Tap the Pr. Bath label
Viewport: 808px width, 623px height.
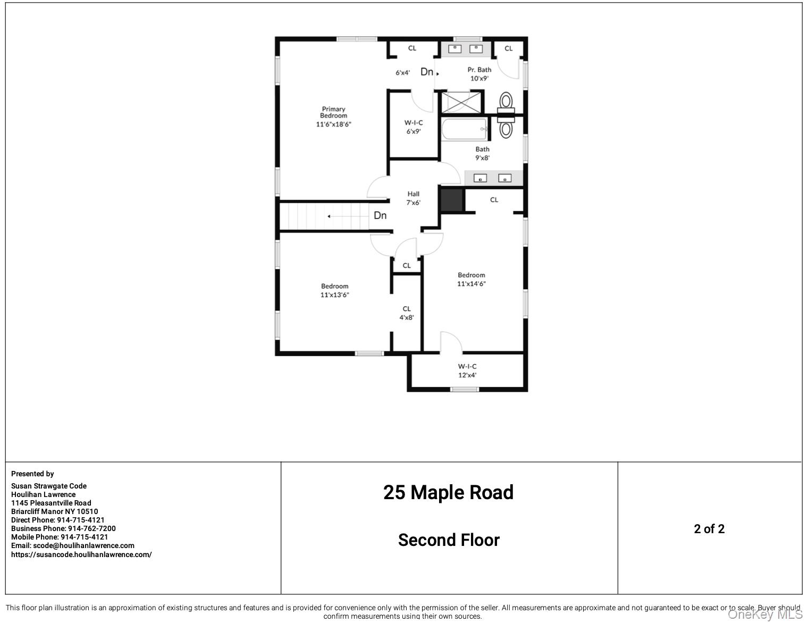(x=479, y=70)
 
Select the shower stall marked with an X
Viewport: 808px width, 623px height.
(x=461, y=102)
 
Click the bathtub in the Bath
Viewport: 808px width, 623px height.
(x=464, y=129)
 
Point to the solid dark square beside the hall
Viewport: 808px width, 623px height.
(x=452, y=199)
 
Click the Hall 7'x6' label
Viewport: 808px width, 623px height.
(x=414, y=198)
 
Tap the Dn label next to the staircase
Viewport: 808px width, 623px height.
(x=380, y=215)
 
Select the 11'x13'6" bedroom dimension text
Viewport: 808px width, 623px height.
(x=334, y=295)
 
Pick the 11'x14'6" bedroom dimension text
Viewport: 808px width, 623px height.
(x=472, y=284)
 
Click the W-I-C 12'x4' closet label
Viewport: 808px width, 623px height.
(x=467, y=371)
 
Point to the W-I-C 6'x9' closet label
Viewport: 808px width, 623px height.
(x=414, y=127)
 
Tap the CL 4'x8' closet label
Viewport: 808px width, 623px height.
(x=407, y=313)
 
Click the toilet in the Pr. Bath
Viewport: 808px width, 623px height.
(x=506, y=100)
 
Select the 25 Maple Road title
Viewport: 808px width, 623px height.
(x=448, y=493)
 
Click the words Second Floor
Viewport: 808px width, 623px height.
(x=449, y=540)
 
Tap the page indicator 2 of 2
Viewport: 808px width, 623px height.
(x=709, y=529)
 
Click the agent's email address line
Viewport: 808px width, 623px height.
(x=73, y=545)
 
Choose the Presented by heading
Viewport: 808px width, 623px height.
(x=32, y=474)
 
